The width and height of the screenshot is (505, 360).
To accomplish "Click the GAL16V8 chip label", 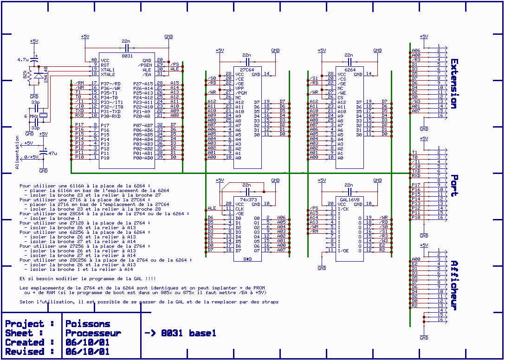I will tap(350, 199).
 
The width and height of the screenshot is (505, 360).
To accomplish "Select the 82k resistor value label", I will tap(25, 77).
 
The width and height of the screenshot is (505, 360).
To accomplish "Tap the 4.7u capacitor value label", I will tap(23, 60).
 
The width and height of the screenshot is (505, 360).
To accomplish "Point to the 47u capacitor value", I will tap(52, 153).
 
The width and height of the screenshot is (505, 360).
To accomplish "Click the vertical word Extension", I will tap(454, 84).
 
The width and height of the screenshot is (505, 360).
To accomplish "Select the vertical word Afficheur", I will tap(454, 285).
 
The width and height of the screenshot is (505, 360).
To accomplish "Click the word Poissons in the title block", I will tap(88, 324).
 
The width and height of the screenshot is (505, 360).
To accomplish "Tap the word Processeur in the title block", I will tap(93, 333).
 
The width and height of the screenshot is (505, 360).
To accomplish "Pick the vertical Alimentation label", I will tap(17, 152).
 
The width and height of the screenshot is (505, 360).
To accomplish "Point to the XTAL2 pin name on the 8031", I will tap(108, 74).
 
